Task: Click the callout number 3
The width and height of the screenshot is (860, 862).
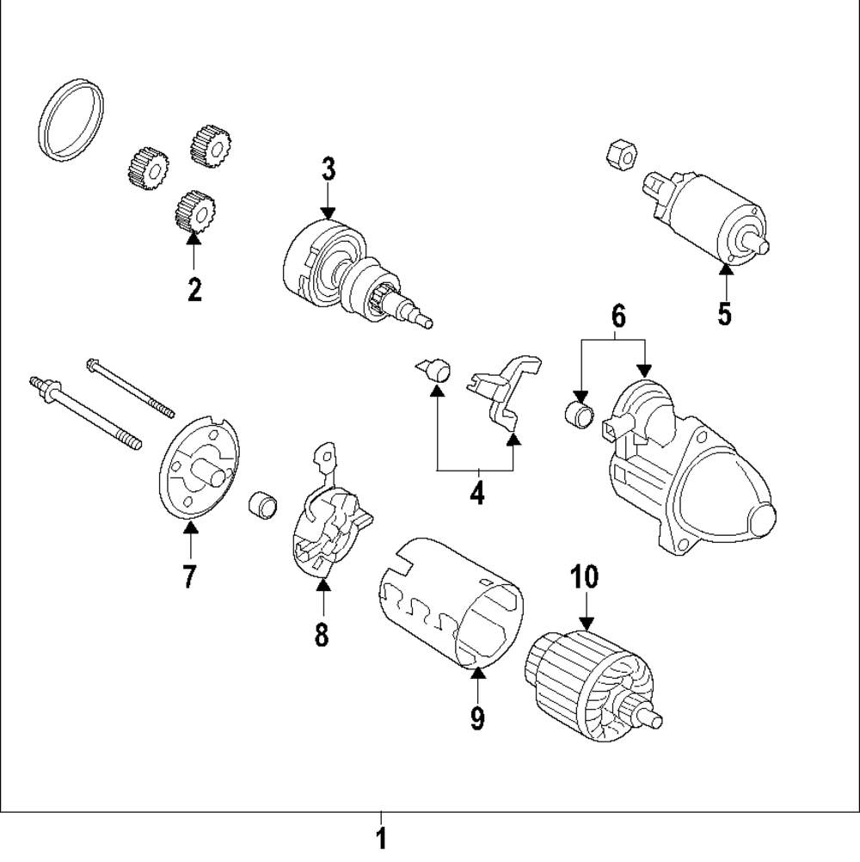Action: (328, 169)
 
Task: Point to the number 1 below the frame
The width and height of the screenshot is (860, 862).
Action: (381, 838)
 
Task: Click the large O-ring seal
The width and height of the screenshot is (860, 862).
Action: (74, 120)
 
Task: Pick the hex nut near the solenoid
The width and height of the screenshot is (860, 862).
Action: (621, 154)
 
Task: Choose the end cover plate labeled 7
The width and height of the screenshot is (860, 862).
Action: (200, 470)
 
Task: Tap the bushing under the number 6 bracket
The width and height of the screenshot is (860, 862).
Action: (580, 414)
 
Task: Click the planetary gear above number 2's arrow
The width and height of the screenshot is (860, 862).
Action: (193, 210)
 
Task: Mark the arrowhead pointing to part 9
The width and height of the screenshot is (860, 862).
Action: (477, 672)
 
